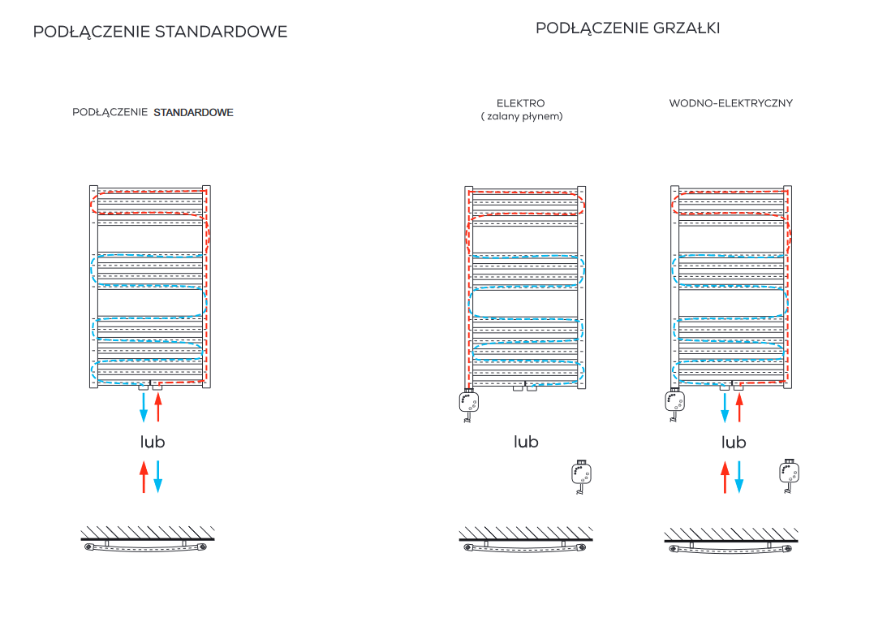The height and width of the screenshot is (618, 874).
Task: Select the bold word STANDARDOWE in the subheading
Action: coord(193,112)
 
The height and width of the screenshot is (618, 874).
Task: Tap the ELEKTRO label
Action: coord(521,103)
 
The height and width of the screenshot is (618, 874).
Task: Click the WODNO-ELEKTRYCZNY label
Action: coord(730,103)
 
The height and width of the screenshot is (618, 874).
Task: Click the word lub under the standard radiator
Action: coord(153,442)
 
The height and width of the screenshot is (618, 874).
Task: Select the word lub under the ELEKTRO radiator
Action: coord(526,442)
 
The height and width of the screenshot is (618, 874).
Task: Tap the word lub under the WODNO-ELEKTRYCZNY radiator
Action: coord(734,443)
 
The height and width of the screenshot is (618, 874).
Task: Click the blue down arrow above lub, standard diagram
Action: coord(144,407)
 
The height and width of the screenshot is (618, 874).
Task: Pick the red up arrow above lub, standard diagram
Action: coord(158,407)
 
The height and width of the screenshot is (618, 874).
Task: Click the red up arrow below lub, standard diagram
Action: coord(144,477)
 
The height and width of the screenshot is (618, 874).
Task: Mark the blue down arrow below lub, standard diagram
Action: coord(158,477)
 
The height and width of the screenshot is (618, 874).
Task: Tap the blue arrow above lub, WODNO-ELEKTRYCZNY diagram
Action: coord(725,408)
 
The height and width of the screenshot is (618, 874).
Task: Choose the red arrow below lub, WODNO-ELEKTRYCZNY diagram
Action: coord(725,477)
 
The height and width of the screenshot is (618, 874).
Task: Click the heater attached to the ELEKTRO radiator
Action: coord(469,404)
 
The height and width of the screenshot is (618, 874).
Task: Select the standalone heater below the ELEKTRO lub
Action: coord(581,477)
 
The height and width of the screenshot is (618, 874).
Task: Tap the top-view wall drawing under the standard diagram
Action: coord(148,539)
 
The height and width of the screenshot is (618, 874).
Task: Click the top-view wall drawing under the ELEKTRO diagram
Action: coord(526,539)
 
